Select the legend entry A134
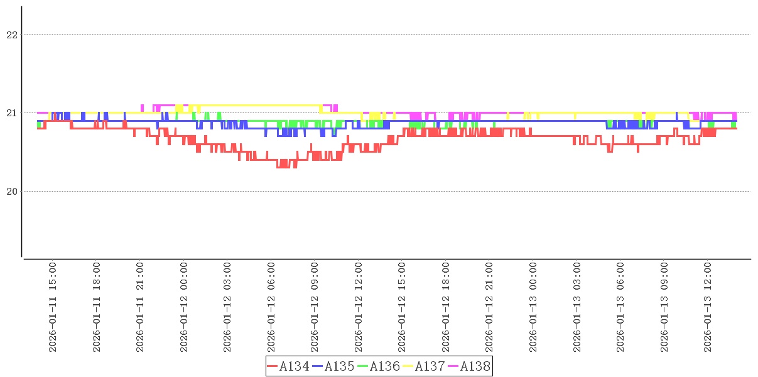(295, 366)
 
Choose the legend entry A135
(340, 366)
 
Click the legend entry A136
(385, 366)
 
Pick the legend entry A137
(430, 366)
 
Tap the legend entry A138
(475, 366)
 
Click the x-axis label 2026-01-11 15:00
(53, 308)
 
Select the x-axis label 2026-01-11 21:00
(140, 308)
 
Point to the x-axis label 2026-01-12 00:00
(184, 308)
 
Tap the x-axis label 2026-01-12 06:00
(271, 308)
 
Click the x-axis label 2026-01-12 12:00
(359, 308)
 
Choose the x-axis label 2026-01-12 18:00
(446, 308)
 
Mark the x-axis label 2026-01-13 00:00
(533, 308)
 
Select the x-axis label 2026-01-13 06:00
(620, 308)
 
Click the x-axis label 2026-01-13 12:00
(708, 308)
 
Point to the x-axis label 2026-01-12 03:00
(227, 308)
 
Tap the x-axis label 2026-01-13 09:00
(664, 308)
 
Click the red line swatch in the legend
(273, 366)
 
